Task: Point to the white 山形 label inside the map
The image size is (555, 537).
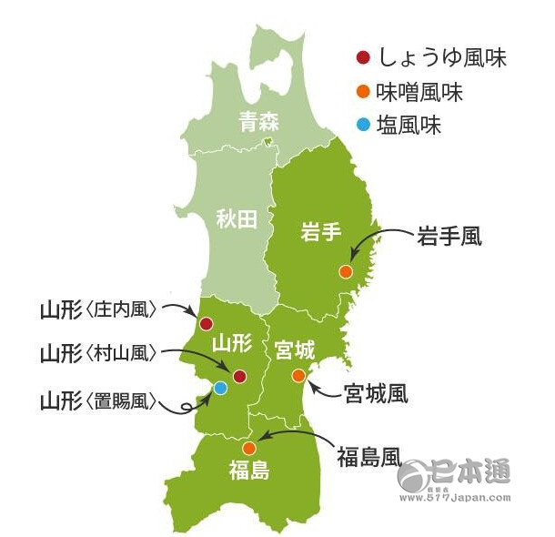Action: point(229,343)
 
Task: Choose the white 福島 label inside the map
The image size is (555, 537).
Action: point(248,471)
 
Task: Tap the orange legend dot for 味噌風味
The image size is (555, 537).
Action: point(363,92)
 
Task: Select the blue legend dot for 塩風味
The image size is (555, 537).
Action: point(363,125)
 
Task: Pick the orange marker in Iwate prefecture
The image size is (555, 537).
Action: point(345,271)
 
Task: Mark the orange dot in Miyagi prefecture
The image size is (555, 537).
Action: point(298,375)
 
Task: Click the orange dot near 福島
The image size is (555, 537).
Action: point(248,448)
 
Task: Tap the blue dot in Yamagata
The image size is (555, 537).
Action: point(219,388)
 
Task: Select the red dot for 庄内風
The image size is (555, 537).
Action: point(206,323)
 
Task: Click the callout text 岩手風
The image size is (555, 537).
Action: point(449,237)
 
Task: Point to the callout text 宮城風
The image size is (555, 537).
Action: point(376,393)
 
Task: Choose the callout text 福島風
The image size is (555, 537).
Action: point(368,452)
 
